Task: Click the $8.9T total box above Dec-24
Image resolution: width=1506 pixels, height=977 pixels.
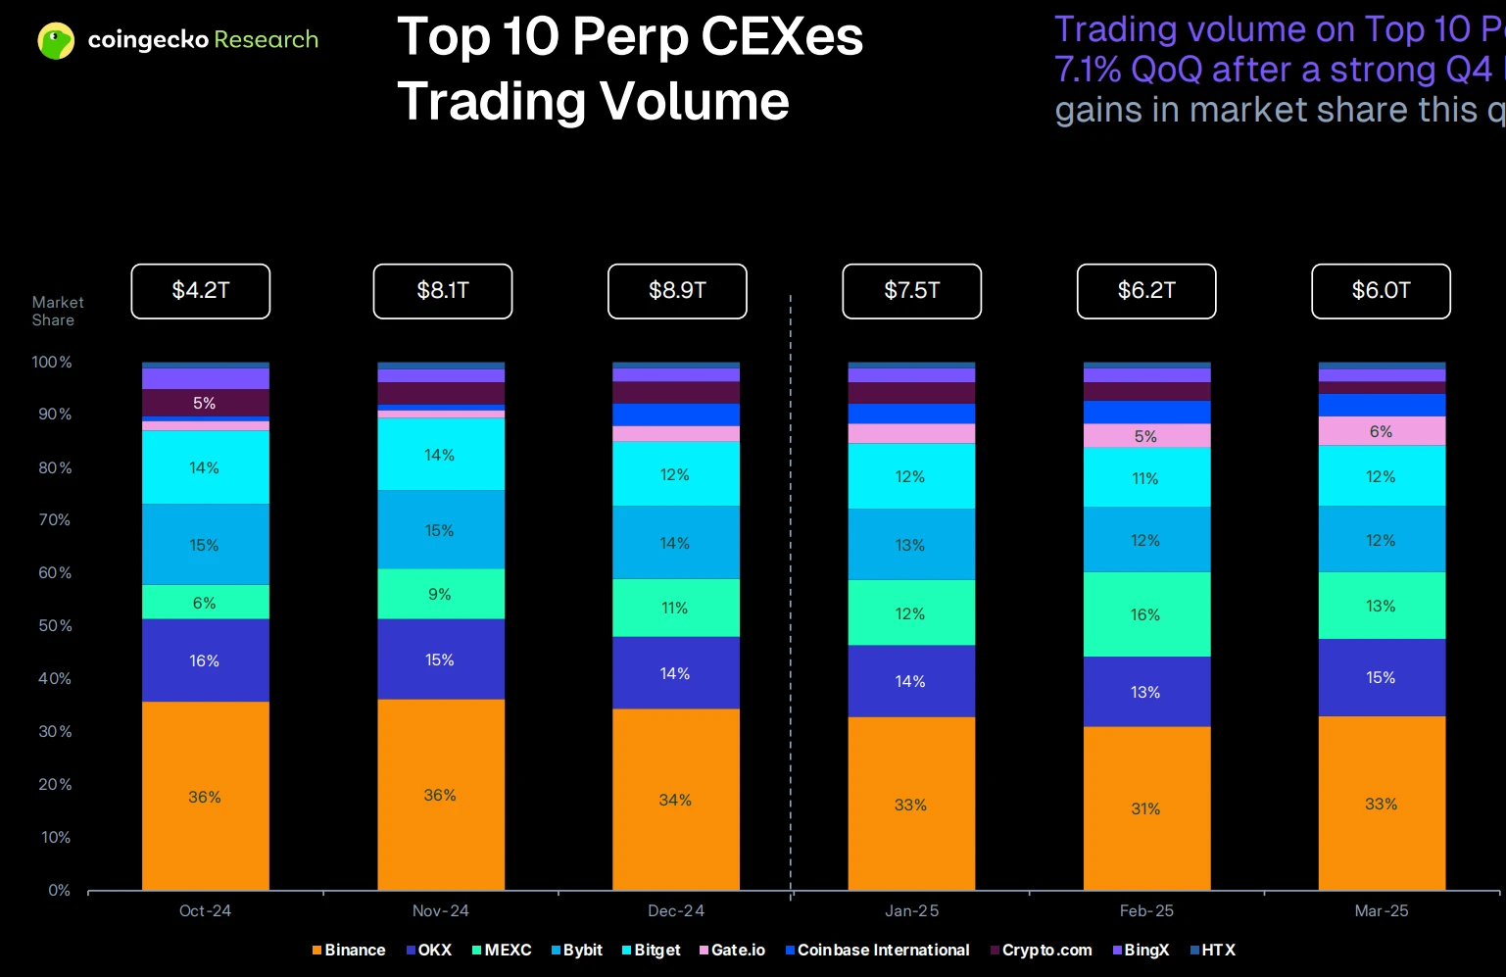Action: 677,291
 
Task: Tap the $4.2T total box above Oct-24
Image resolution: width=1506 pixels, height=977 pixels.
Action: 201,291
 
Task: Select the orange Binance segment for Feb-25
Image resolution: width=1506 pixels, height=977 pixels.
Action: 1146,808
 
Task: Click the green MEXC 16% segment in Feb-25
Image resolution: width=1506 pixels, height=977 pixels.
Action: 1146,614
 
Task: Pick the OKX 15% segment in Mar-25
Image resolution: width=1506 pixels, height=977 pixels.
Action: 1382,677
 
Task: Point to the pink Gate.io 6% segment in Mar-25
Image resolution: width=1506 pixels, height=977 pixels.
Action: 1382,431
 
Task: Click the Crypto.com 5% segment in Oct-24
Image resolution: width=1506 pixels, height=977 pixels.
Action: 205,403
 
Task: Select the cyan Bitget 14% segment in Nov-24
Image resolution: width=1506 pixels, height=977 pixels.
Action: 440,455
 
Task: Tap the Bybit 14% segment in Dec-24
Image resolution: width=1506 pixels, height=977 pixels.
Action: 675,543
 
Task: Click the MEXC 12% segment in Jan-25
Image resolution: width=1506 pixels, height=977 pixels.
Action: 910,613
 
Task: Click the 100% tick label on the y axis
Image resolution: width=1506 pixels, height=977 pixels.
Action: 52,362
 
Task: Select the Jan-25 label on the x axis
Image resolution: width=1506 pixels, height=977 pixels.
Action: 911,910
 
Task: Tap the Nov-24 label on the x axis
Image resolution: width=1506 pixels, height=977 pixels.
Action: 441,910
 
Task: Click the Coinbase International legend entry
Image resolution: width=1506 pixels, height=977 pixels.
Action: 878,950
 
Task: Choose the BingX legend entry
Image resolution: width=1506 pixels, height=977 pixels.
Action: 1142,950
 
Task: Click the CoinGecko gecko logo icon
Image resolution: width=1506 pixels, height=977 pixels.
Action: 56,40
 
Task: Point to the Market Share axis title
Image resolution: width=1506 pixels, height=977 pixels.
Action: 57,311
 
